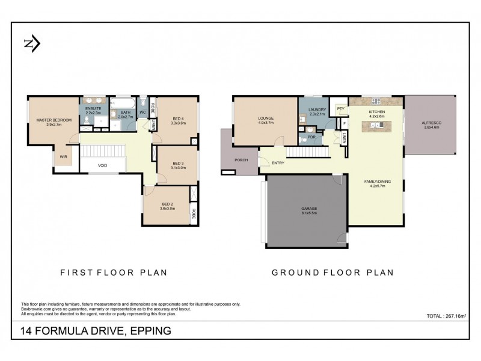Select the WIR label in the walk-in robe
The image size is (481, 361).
62,157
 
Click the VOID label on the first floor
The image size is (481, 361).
102,165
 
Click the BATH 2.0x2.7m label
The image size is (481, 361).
125,114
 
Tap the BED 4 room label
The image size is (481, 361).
178,120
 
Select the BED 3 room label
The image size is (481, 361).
177,165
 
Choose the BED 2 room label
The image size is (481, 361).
167,206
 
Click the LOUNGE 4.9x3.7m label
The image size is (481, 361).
265,120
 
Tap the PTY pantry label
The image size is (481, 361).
340,109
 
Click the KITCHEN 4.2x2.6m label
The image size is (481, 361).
377,114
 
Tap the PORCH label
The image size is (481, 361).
241,160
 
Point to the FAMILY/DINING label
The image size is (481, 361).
377,184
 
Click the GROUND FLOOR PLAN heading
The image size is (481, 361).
333,273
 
